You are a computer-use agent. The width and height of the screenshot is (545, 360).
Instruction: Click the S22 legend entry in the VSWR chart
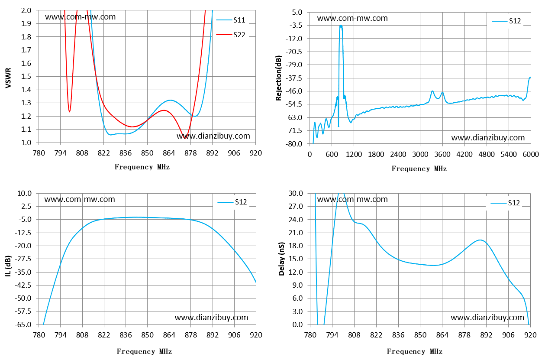[231, 35]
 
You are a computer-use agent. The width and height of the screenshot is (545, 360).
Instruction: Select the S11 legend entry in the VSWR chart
[231, 20]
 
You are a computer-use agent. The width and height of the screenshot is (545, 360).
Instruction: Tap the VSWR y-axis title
[8, 78]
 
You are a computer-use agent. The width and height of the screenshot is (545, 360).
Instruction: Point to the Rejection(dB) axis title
[279, 78]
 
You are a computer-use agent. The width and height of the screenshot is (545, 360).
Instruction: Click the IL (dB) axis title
[8, 266]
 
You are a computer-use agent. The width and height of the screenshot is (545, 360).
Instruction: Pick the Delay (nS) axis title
[281, 259]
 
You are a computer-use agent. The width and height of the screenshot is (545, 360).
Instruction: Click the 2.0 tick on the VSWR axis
[26, 10]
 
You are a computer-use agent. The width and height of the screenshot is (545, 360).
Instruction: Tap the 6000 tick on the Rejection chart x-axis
[531, 154]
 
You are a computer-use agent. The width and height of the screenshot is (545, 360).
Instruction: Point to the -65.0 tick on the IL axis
[23, 324]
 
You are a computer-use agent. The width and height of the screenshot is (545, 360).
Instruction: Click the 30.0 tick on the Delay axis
[296, 193]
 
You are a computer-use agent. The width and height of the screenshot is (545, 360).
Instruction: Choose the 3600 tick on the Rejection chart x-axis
[442, 154]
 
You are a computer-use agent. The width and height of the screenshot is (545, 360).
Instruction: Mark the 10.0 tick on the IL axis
[24, 193]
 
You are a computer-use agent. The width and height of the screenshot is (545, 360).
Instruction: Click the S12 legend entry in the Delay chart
[505, 203]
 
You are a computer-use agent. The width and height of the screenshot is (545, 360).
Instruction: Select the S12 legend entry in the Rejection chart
[506, 21]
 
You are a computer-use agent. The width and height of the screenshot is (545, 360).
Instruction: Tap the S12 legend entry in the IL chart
[232, 202]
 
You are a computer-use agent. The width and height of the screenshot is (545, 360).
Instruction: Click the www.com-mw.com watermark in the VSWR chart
[80, 17]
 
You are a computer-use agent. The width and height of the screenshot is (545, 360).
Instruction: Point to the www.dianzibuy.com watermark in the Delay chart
[487, 318]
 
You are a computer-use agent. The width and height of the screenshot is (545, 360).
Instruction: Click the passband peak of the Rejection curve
[341, 25]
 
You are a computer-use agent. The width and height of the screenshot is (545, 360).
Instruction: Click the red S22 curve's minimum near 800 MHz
[70, 112]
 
